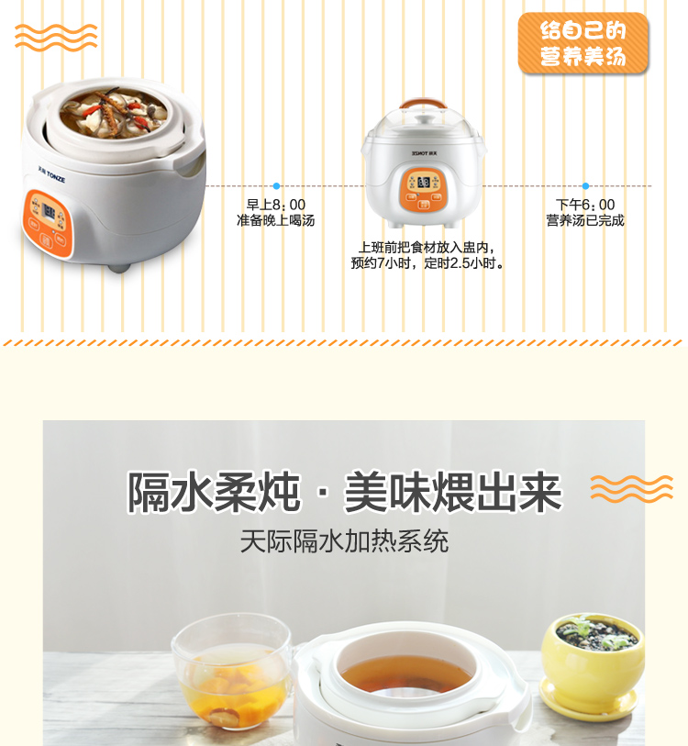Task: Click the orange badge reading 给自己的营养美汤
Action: point(583,43)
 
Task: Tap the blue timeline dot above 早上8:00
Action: point(276,186)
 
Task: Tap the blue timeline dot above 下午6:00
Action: point(585,186)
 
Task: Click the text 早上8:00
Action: point(275,205)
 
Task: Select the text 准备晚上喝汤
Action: point(275,220)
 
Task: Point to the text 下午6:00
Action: point(585,205)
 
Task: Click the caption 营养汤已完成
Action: point(585,220)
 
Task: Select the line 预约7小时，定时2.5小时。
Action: point(427,263)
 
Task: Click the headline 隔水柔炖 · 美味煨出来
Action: point(345,493)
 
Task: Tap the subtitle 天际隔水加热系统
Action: point(345,541)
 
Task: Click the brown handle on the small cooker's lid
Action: point(423,102)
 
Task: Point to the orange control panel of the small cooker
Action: point(423,190)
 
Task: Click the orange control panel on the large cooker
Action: point(47,224)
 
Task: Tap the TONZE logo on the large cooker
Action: point(51,174)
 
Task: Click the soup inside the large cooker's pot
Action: point(114,114)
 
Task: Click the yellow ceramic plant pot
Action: point(593,666)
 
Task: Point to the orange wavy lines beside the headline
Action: point(632,488)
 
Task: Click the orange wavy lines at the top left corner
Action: point(56,38)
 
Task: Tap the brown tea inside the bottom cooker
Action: point(406,674)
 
